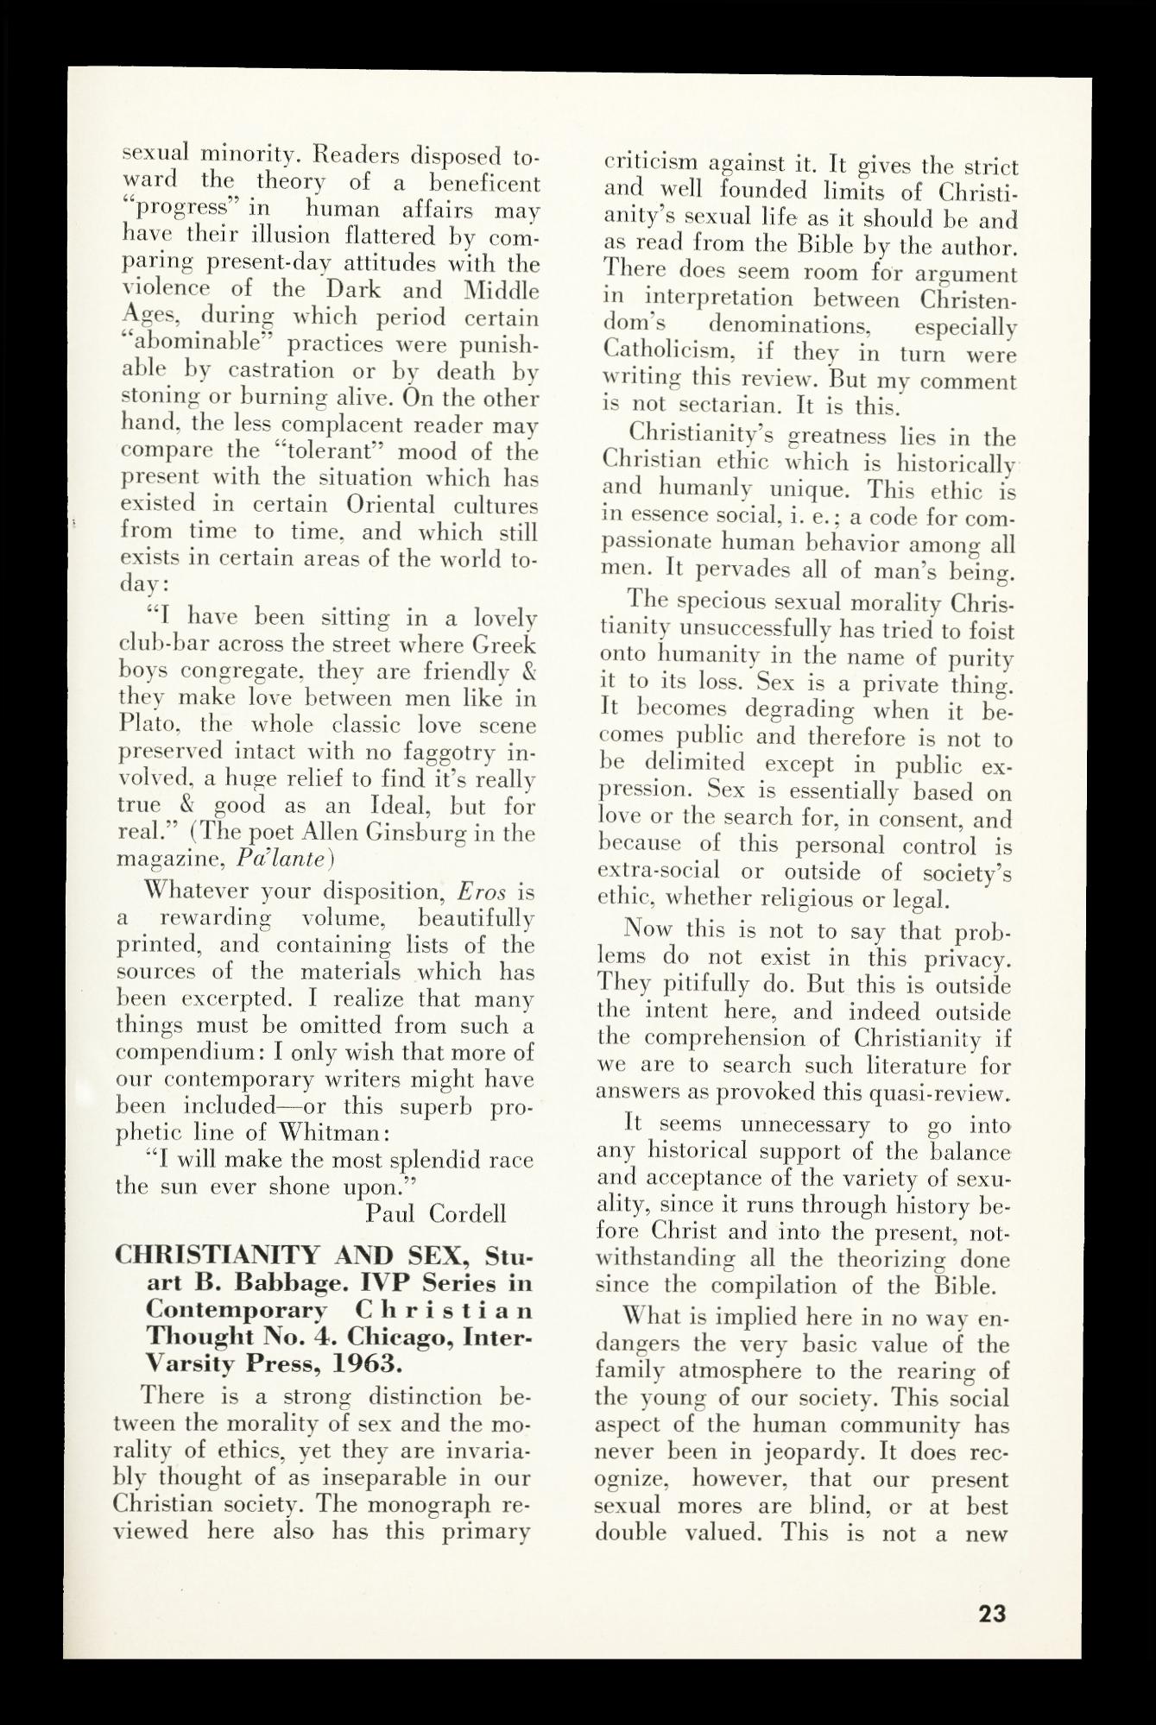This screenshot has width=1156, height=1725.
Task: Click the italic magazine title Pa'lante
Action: click(x=285, y=859)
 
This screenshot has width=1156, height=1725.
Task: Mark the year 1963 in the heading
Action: click(x=357, y=1365)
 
